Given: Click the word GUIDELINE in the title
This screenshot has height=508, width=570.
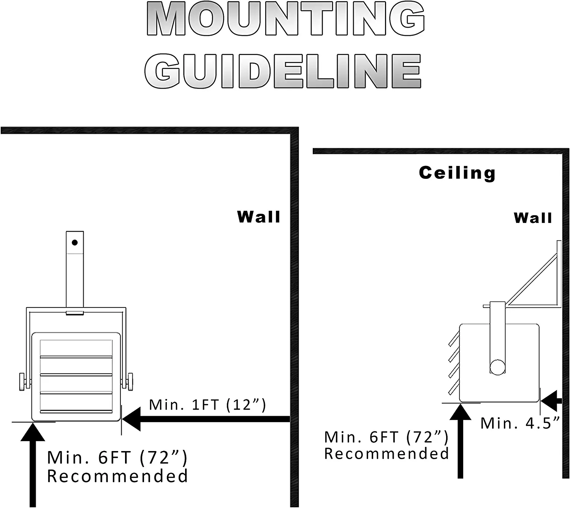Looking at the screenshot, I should click(283, 71).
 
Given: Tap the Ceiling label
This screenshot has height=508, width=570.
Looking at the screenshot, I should click(457, 173).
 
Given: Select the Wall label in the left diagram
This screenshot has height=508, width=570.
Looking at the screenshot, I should click(259, 217).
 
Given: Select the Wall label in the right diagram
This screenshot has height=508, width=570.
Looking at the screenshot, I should click(533, 218).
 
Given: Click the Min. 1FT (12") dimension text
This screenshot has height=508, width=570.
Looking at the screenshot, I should click(207, 405).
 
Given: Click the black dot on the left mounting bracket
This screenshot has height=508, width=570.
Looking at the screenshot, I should click(75, 242).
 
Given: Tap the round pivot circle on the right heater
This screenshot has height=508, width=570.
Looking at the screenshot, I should click(497, 367).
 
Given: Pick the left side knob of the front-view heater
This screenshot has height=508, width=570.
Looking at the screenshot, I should click(22, 382).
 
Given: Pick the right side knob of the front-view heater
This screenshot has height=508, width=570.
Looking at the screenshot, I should click(130, 382).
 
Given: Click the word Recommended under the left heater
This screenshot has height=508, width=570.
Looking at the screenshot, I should click(117, 476).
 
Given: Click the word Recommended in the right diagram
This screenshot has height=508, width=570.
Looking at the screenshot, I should click(386, 454).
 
